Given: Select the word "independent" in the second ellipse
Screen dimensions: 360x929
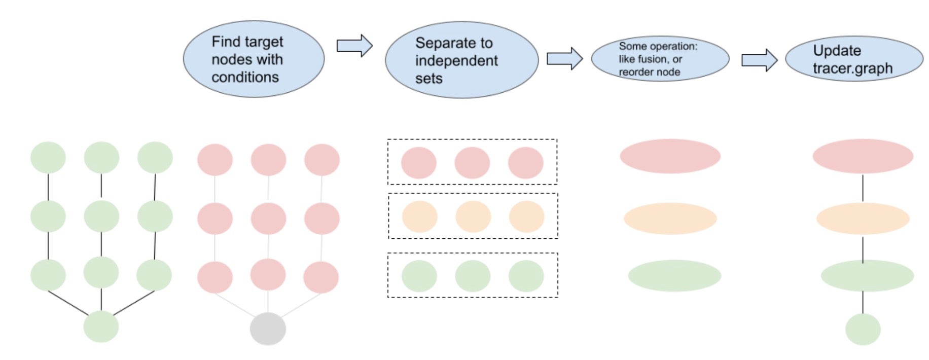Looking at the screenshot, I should tap(456, 61).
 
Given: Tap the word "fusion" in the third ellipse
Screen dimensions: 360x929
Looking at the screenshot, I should tap(652, 59).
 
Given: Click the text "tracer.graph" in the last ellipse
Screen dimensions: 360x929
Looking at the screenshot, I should tap(852, 68).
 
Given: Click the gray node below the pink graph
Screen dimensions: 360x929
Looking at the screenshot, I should tap(268, 329).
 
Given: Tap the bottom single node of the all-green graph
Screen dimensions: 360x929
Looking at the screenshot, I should tap(101, 327).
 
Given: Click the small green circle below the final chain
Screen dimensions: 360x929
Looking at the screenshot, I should tap(863, 330).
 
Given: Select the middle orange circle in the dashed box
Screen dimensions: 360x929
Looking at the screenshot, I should tap(473, 217).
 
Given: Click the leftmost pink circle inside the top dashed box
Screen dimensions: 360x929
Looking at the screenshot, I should tap(418, 163).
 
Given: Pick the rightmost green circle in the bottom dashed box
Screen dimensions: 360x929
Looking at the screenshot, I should tap(526, 276).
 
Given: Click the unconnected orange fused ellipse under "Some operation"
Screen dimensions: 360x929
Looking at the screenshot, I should tap(670, 219).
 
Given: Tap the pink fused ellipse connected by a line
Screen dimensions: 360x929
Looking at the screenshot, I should tap(863, 156).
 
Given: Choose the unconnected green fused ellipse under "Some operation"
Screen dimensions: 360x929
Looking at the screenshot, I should tap(674, 276).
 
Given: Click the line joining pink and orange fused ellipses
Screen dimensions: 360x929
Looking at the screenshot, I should tap(863, 188).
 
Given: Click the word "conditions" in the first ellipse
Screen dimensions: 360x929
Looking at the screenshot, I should tap(245, 77).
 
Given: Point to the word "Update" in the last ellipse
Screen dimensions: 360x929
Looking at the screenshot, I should tap(837, 51).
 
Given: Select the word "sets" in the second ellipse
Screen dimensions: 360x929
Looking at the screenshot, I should tap(428, 79).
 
